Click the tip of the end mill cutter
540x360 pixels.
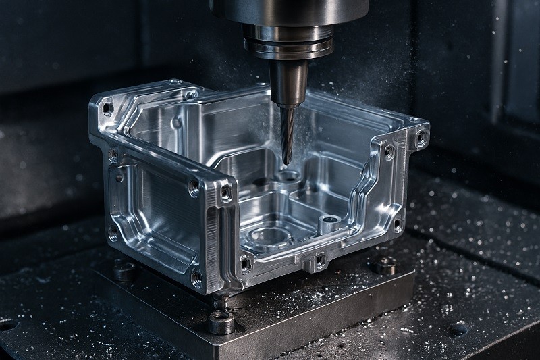click(287, 162)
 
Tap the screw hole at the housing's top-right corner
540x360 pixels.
click(421, 138)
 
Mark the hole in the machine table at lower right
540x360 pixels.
click(459, 330)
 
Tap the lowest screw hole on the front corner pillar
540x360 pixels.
click(197, 276)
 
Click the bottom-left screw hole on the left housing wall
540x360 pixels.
click(113, 234)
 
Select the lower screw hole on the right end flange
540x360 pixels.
click(398, 225)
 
